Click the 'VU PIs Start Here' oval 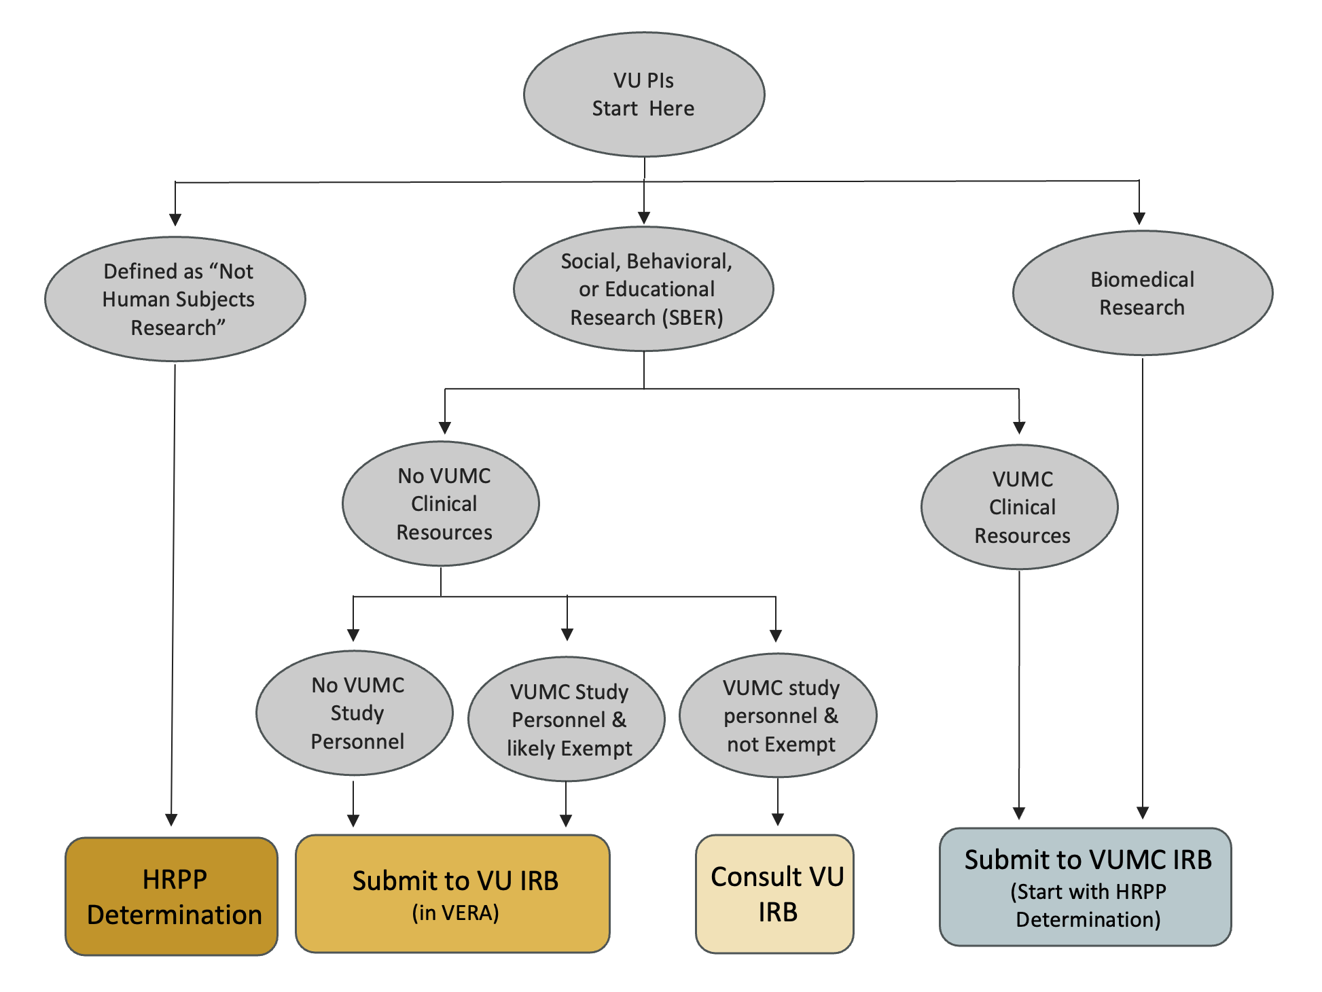click(643, 94)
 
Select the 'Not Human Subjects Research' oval click(175, 299)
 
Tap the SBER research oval click(643, 289)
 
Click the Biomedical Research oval click(1142, 293)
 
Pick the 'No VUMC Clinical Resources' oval click(441, 503)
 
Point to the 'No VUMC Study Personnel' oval click(355, 713)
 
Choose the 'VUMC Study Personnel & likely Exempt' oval click(567, 719)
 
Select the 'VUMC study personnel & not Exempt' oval click(778, 715)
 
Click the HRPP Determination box click(172, 896)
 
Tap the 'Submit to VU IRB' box click(453, 893)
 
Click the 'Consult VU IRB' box click(774, 893)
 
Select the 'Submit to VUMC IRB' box click(1085, 887)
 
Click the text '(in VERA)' click(455, 913)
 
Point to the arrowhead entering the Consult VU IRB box click(778, 819)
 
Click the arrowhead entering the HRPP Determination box click(171, 819)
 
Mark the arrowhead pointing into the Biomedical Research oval click(1139, 218)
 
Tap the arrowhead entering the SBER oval click(644, 218)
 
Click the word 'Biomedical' click(1142, 279)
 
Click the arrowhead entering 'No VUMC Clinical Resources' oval click(445, 427)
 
